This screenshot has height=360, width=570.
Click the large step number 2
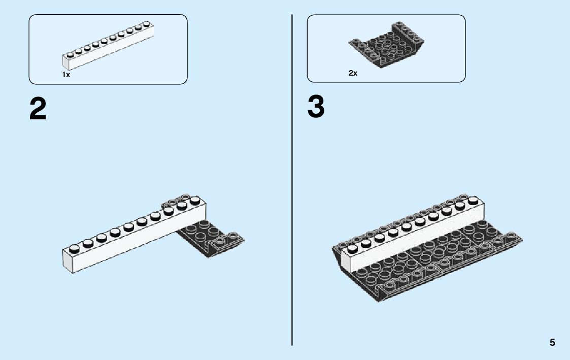(38, 109)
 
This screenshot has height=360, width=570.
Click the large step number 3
(316, 108)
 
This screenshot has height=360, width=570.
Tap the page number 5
(552, 343)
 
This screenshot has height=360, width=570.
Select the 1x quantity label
(66, 75)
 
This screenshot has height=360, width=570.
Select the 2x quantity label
(353, 73)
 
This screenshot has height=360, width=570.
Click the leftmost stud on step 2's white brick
(74, 248)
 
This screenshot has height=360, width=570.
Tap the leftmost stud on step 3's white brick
(351, 248)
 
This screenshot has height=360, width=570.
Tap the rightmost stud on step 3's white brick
(473, 200)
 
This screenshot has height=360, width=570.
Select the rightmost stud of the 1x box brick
(147, 23)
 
